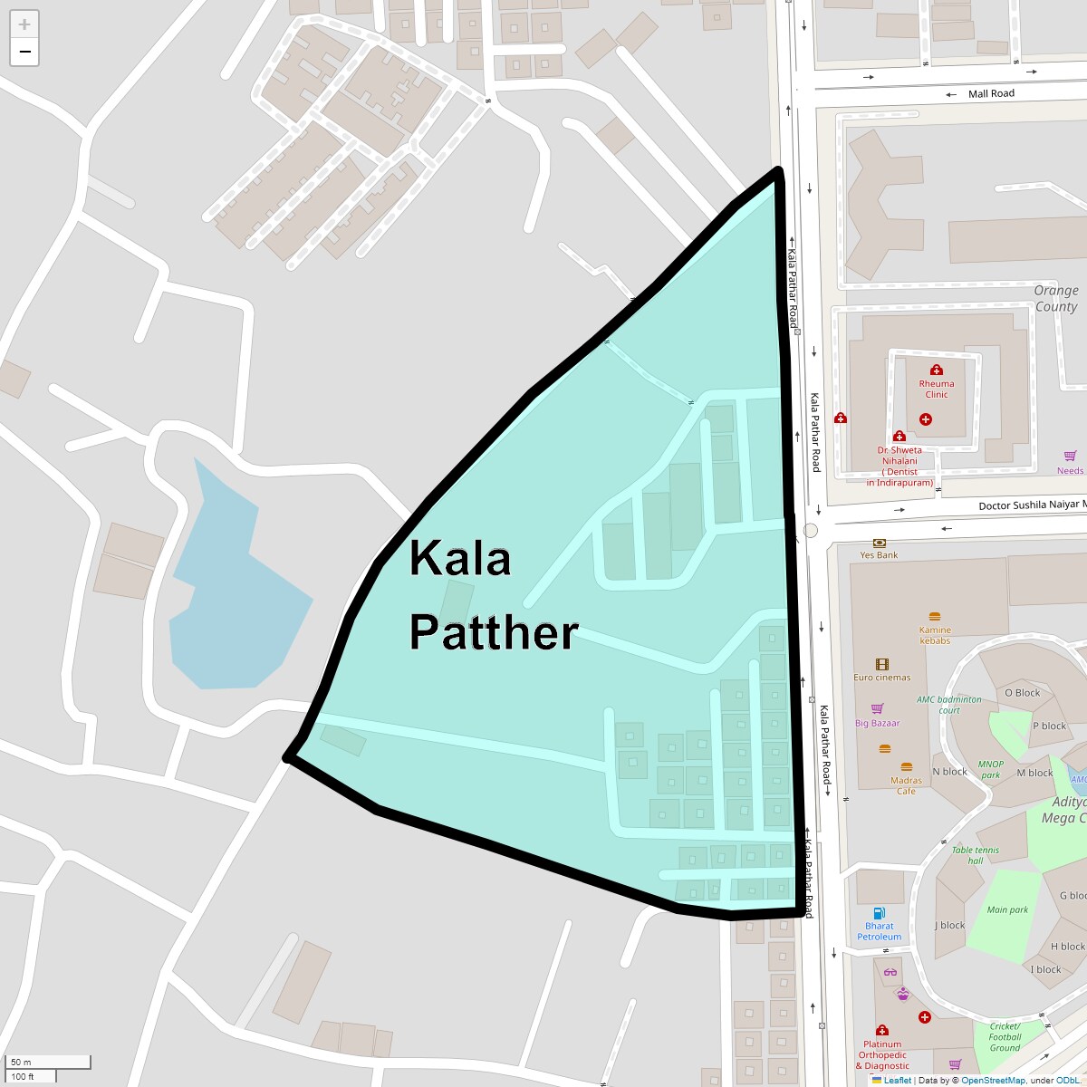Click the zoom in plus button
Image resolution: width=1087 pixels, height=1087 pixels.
click(x=24, y=24)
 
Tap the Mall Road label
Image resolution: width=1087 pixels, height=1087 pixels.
click(x=991, y=93)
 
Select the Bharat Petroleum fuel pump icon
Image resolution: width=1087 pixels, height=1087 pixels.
click(x=879, y=913)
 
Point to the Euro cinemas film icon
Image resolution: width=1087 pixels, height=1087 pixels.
click(x=882, y=665)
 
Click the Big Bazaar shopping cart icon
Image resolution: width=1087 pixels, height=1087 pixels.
click(x=877, y=708)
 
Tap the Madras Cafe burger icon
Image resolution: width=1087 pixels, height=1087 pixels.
click(x=906, y=766)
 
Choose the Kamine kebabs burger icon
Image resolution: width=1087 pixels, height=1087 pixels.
click(x=935, y=617)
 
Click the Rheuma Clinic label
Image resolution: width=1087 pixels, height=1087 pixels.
click(x=937, y=389)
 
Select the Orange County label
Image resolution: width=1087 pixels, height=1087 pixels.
click(x=1056, y=298)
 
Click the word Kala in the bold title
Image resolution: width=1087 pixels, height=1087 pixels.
click(x=460, y=558)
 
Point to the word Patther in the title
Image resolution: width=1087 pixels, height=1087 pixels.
click(x=494, y=632)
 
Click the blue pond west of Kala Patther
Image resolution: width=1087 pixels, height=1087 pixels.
click(x=236, y=589)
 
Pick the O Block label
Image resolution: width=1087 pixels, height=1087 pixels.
click(x=1022, y=693)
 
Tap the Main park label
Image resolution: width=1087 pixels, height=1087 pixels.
click(x=1007, y=909)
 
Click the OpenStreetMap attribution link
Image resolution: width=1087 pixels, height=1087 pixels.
click(x=993, y=1080)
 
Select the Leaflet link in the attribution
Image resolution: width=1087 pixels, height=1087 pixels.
click(x=897, y=1080)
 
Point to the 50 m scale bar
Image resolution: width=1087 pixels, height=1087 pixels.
click(x=49, y=1062)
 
